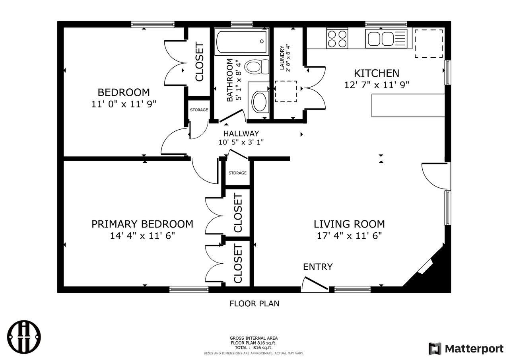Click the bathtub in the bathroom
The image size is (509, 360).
[x=241, y=42]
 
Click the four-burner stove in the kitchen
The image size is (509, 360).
[x=337, y=39]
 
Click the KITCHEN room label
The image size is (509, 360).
[x=377, y=73]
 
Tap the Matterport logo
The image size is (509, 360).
[x=466, y=348]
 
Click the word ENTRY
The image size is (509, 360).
[x=318, y=267]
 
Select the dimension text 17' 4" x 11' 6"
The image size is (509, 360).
[x=349, y=235]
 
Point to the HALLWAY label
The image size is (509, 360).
[x=241, y=134]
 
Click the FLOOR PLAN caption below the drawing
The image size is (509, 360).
[x=254, y=304]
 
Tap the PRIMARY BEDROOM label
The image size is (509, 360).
[x=142, y=224]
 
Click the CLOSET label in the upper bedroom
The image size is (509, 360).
[x=199, y=62]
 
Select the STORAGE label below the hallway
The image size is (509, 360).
[x=237, y=173]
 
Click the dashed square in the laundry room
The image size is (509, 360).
[x=286, y=91]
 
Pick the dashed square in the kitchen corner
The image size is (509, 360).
[x=429, y=43]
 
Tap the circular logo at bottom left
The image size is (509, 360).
[x=25, y=337]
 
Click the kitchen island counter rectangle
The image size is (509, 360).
[x=408, y=105]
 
